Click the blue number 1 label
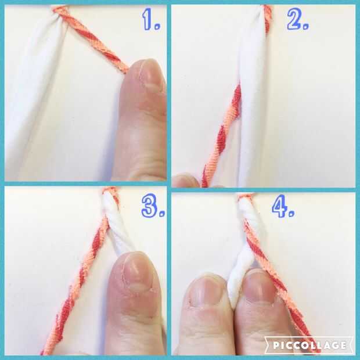(x=150, y=19)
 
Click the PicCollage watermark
(x=309, y=345)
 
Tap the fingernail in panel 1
(x=150, y=75)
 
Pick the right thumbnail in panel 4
(x=258, y=286)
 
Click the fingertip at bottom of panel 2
(x=185, y=180)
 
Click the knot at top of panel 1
(x=60, y=10)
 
